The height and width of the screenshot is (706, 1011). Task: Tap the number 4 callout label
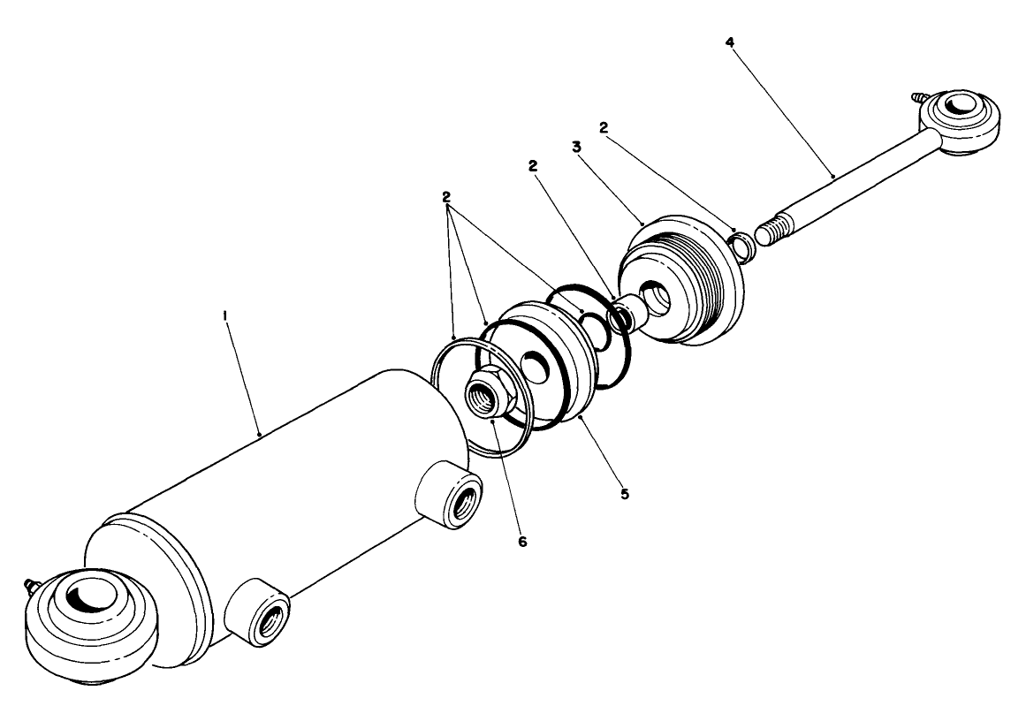[729, 42]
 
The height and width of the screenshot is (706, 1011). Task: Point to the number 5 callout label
[624, 494]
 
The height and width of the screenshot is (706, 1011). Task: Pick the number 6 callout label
[522, 542]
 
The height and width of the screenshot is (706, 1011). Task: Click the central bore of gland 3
[655, 299]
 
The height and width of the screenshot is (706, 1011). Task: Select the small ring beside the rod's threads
[741, 245]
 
